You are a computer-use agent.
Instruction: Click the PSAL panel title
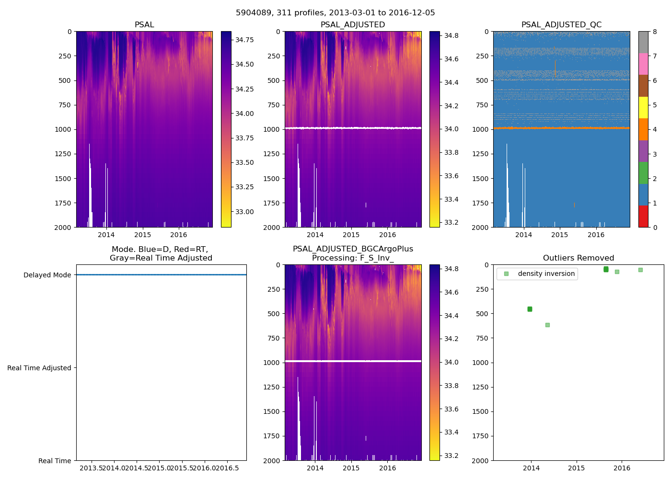pos(144,25)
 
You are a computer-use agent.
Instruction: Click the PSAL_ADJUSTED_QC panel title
pos(561,25)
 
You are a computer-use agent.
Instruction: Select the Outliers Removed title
pos(578,258)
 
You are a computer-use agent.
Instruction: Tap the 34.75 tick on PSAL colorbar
pos(244,40)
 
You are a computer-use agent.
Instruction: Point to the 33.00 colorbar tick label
pos(244,212)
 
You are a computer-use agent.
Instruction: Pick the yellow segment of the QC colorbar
pos(643,107)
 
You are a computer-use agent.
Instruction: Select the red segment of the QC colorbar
pos(643,217)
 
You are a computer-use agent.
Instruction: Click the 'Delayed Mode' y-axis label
pos(47,275)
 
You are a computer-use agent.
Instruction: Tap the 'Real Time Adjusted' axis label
pos(39,368)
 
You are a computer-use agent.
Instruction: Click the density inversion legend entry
pos(546,274)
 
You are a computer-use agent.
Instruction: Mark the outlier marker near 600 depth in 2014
pos(547,325)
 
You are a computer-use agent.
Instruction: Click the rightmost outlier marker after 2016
pos(640,270)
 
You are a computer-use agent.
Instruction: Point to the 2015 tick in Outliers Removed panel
pos(577,468)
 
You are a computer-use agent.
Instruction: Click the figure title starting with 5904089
pos(335,13)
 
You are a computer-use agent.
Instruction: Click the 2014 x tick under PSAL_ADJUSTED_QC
pos(523,235)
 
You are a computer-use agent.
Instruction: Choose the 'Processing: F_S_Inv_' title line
pos(353,258)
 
